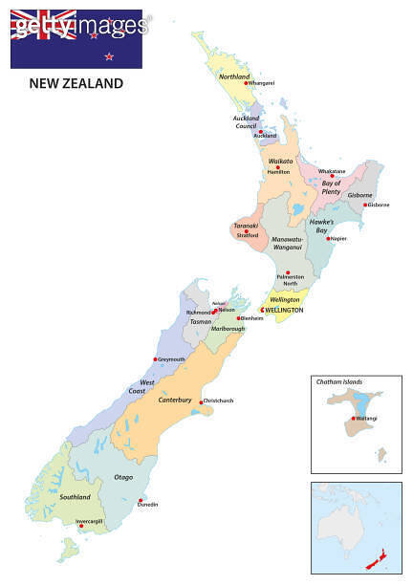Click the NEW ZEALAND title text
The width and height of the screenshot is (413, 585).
[76, 83]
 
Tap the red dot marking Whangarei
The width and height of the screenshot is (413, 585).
[246, 83]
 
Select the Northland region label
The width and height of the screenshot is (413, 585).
[234, 76]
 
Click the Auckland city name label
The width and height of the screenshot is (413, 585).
[265, 136]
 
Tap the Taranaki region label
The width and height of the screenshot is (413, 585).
[247, 226]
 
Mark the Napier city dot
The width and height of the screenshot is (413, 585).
[328, 239]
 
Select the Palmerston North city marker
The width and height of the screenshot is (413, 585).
[288, 272]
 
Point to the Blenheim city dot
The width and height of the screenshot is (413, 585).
[238, 318]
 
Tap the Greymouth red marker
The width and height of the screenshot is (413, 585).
[155, 359]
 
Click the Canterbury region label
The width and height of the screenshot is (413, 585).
[175, 400]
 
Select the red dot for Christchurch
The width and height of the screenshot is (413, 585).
[200, 401]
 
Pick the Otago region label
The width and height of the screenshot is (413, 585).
[123, 476]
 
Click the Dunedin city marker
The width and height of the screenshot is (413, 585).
[141, 501]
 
